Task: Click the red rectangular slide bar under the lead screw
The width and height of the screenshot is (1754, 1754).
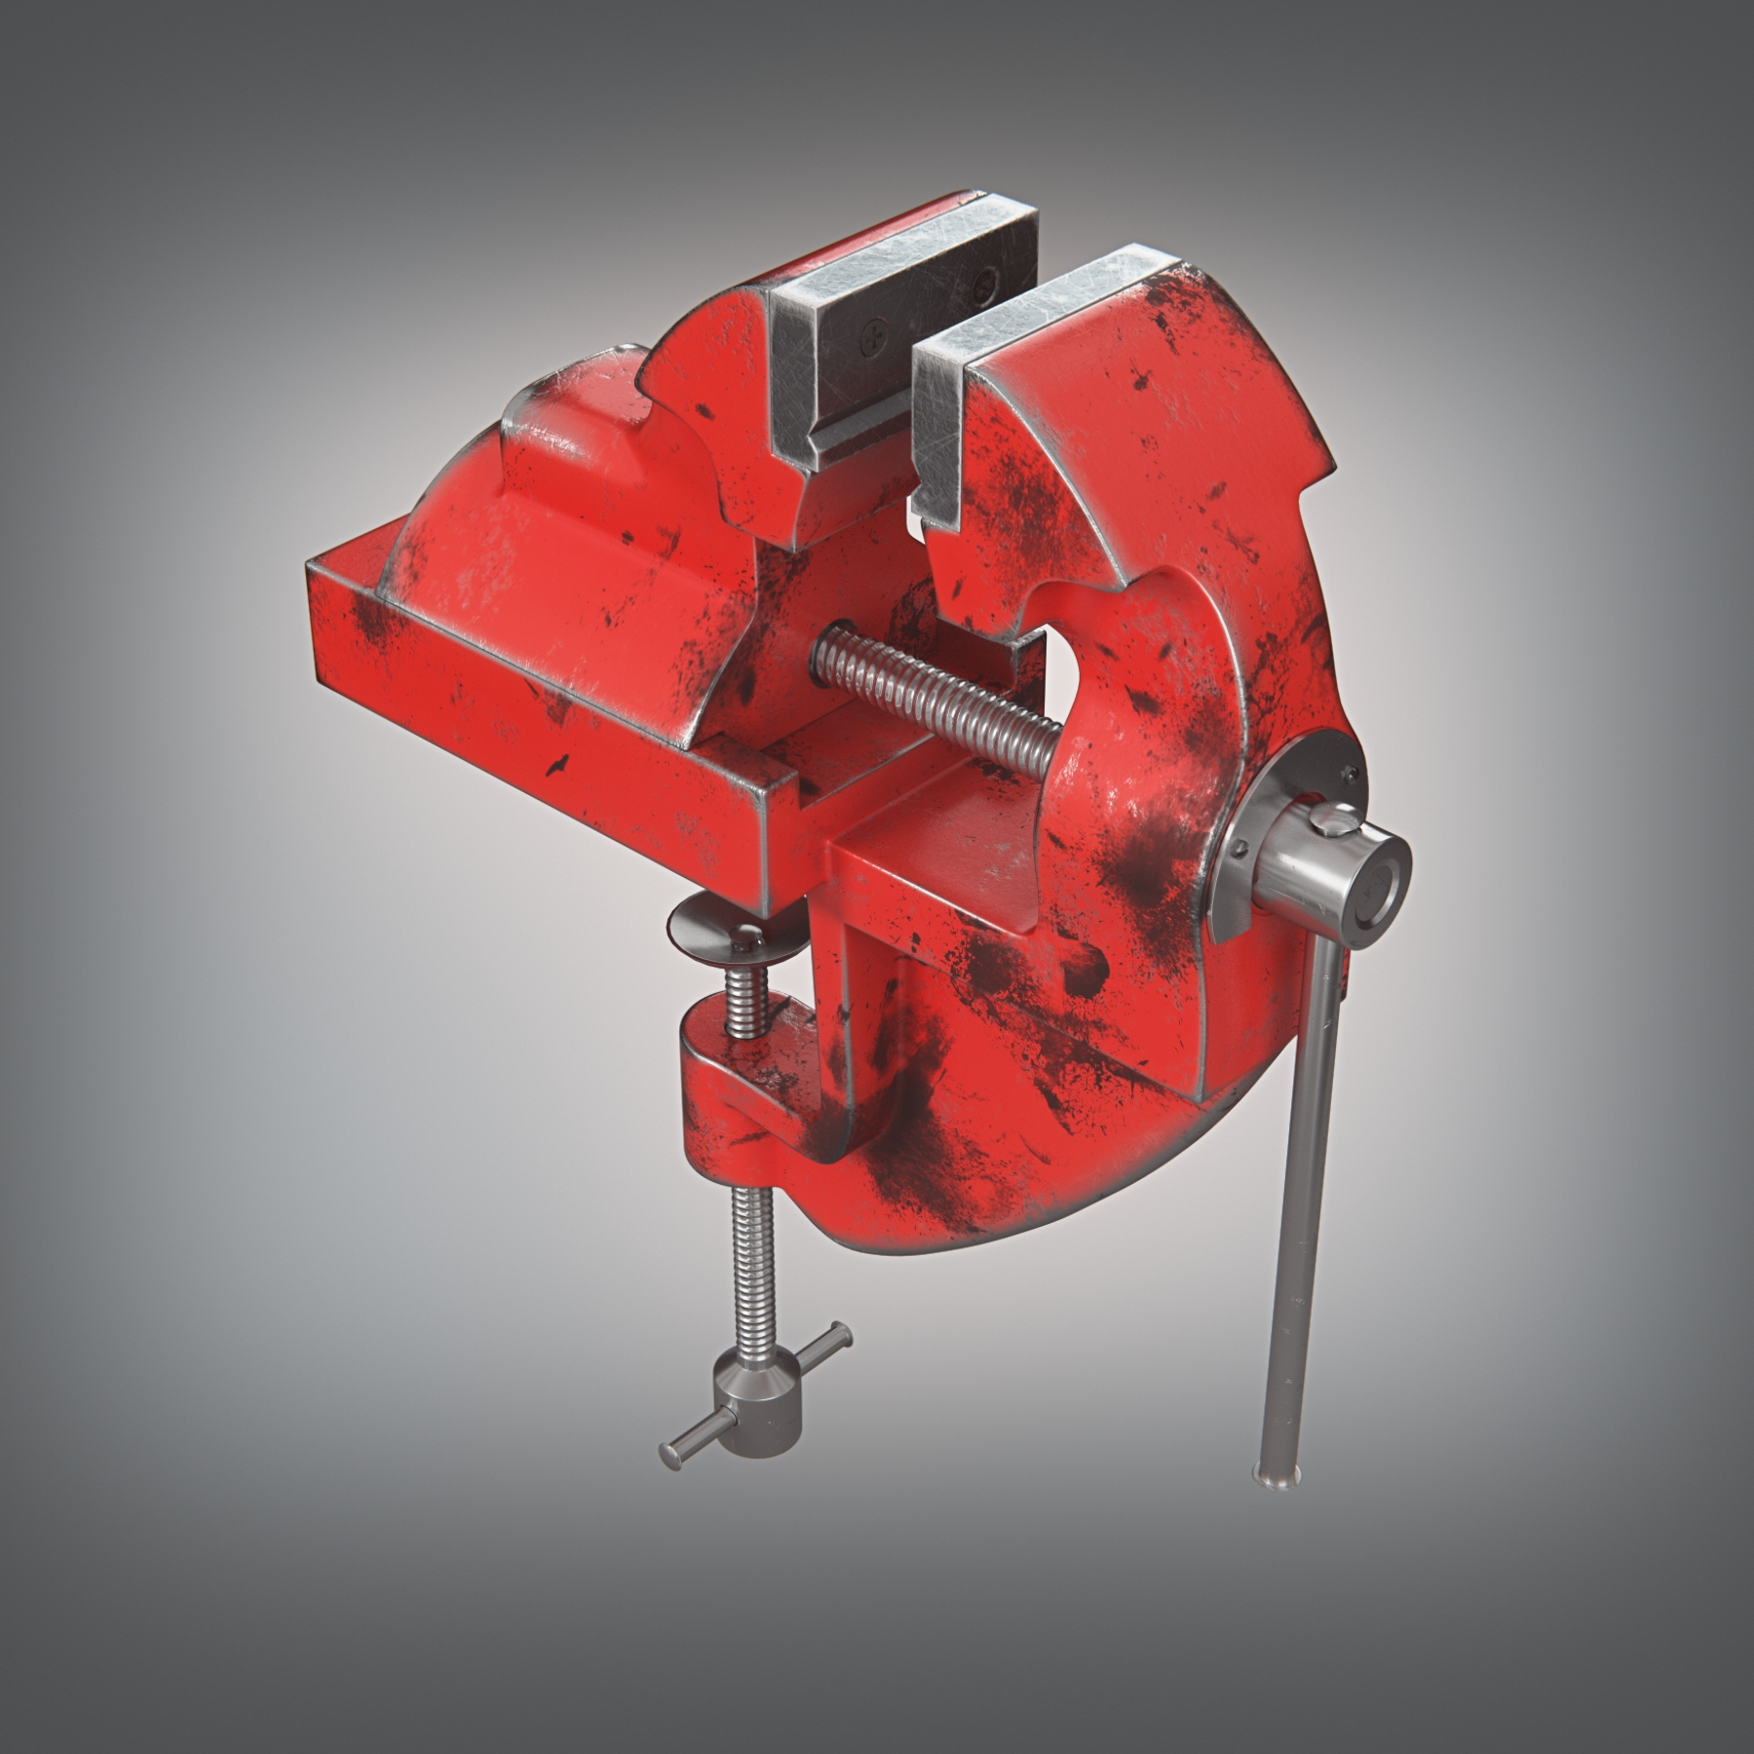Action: point(926,877)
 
